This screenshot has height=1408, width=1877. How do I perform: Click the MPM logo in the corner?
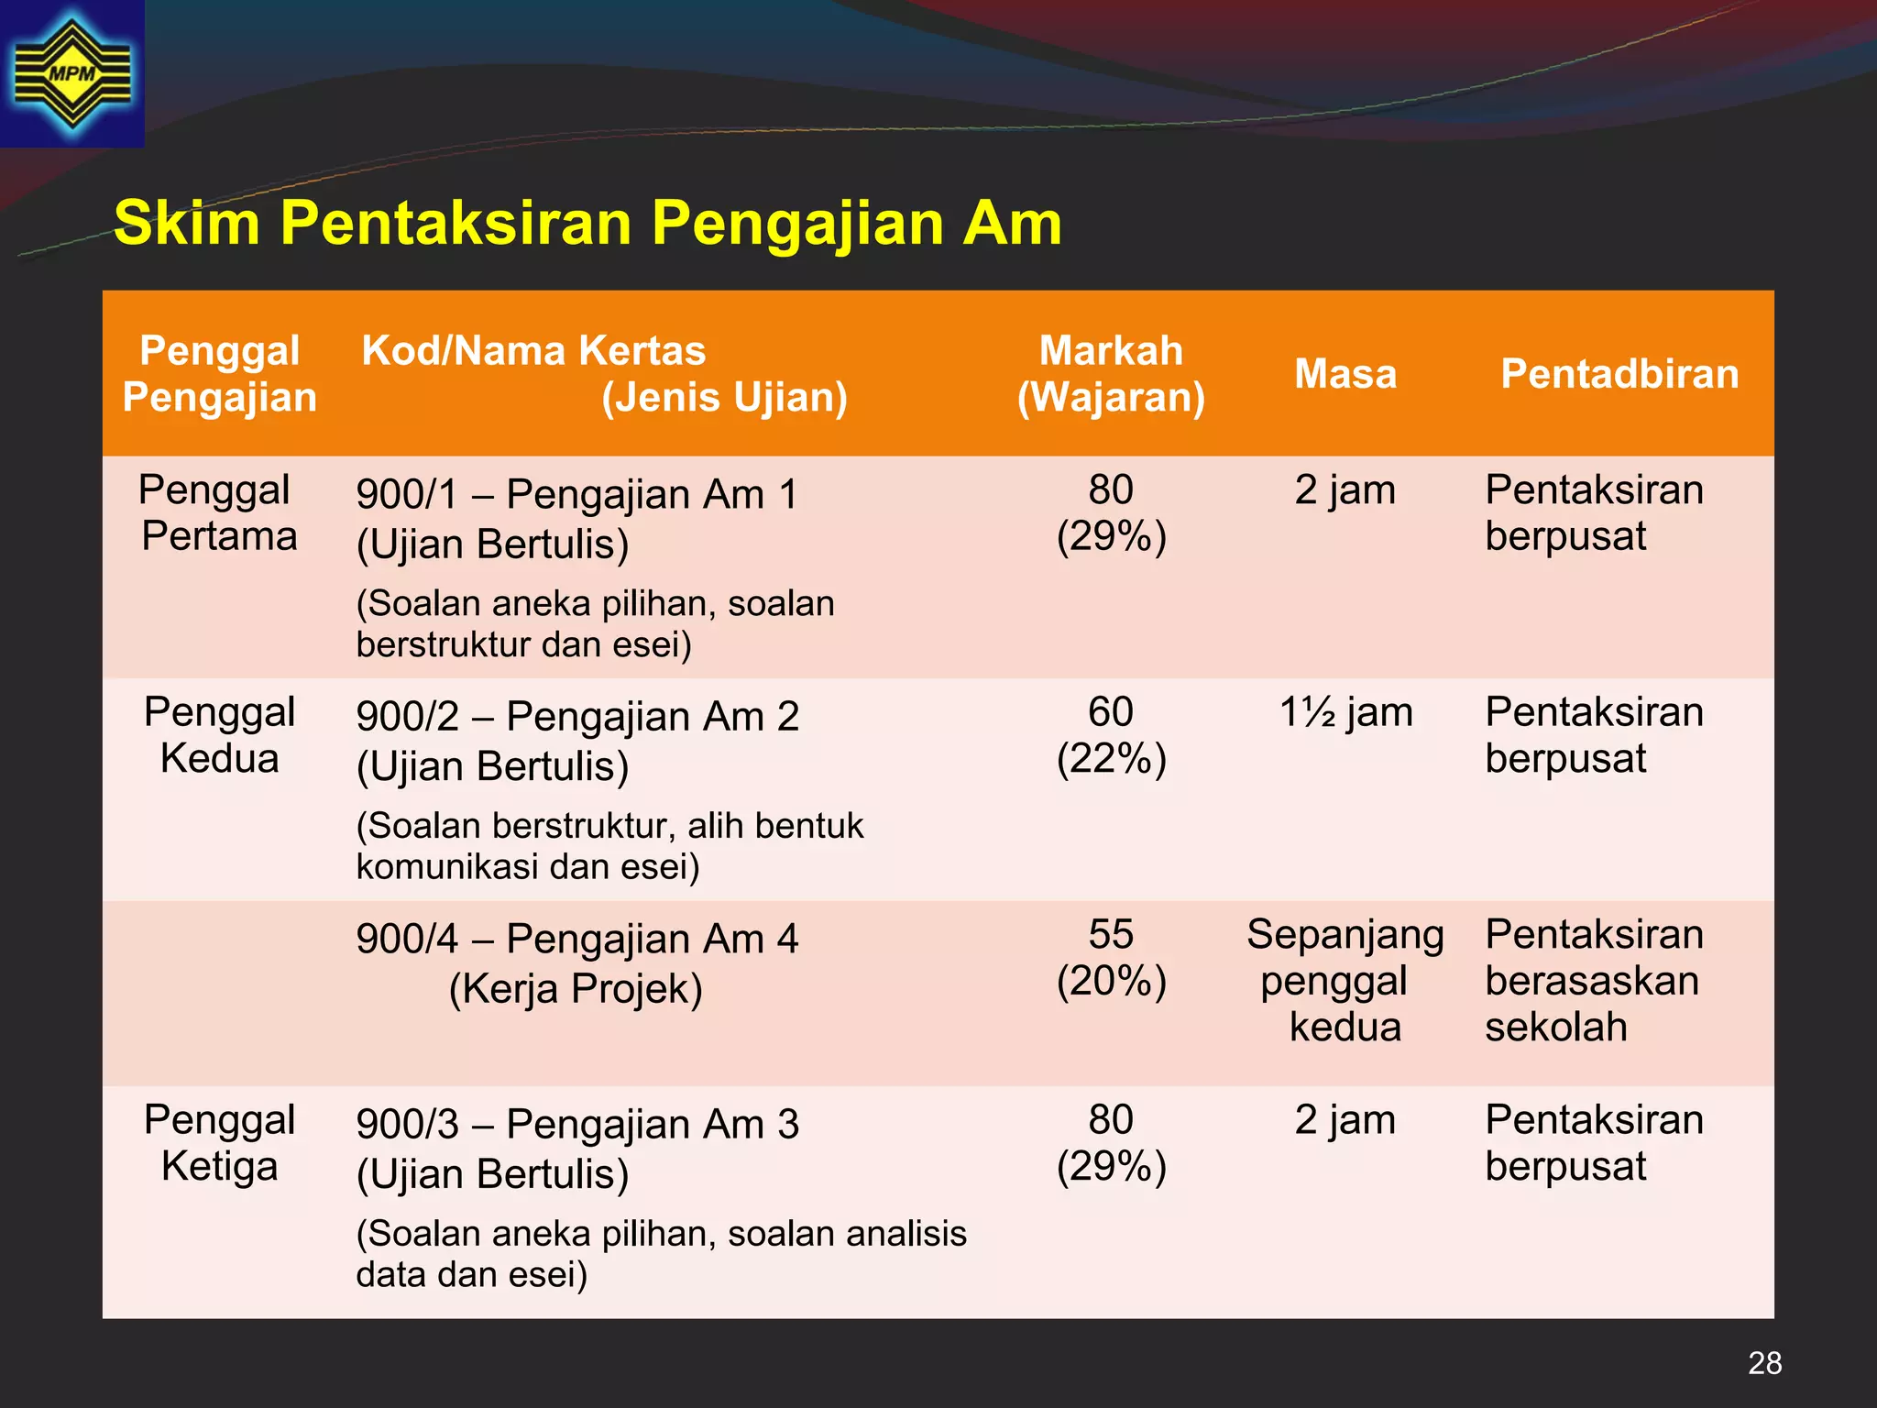point(71,73)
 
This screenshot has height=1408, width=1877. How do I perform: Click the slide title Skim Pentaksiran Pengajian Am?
point(587,223)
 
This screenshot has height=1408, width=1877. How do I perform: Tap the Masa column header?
point(1345,374)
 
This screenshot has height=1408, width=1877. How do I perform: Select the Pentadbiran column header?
point(1619,374)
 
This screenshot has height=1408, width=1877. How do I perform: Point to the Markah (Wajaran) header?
point(1111,374)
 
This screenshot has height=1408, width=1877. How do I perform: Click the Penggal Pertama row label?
point(219,512)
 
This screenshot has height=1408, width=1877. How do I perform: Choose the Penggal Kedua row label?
point(219,735)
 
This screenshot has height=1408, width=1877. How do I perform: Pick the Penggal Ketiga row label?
point(219,1143)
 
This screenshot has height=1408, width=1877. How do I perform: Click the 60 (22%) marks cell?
point(1111,735)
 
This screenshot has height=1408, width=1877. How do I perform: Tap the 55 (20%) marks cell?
point(1111,958)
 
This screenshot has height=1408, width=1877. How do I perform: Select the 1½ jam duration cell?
point(1345,712)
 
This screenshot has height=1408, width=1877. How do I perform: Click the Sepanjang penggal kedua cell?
point(1345,981)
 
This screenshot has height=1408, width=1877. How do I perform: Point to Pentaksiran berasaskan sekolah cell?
point(1594,981)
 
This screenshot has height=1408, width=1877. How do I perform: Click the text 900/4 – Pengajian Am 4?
point(577,939)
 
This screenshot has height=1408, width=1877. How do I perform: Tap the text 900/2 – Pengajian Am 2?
point(577,716)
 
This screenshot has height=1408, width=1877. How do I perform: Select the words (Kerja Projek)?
point(576,989)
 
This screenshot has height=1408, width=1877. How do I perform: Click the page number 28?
point(1764,1363)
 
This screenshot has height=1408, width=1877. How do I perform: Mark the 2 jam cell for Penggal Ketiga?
point(1345,1120)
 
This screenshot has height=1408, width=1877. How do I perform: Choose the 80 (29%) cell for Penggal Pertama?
point(1111,512)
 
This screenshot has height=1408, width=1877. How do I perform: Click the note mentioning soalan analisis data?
point(661,1254)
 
